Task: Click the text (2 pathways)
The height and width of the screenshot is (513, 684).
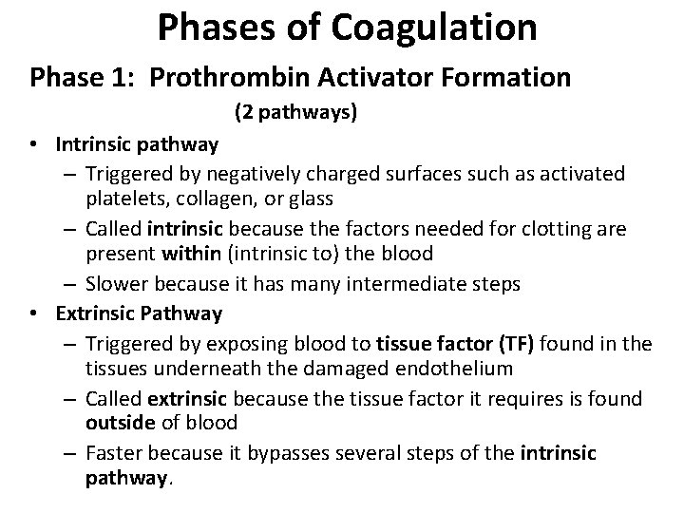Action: [295, 113]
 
